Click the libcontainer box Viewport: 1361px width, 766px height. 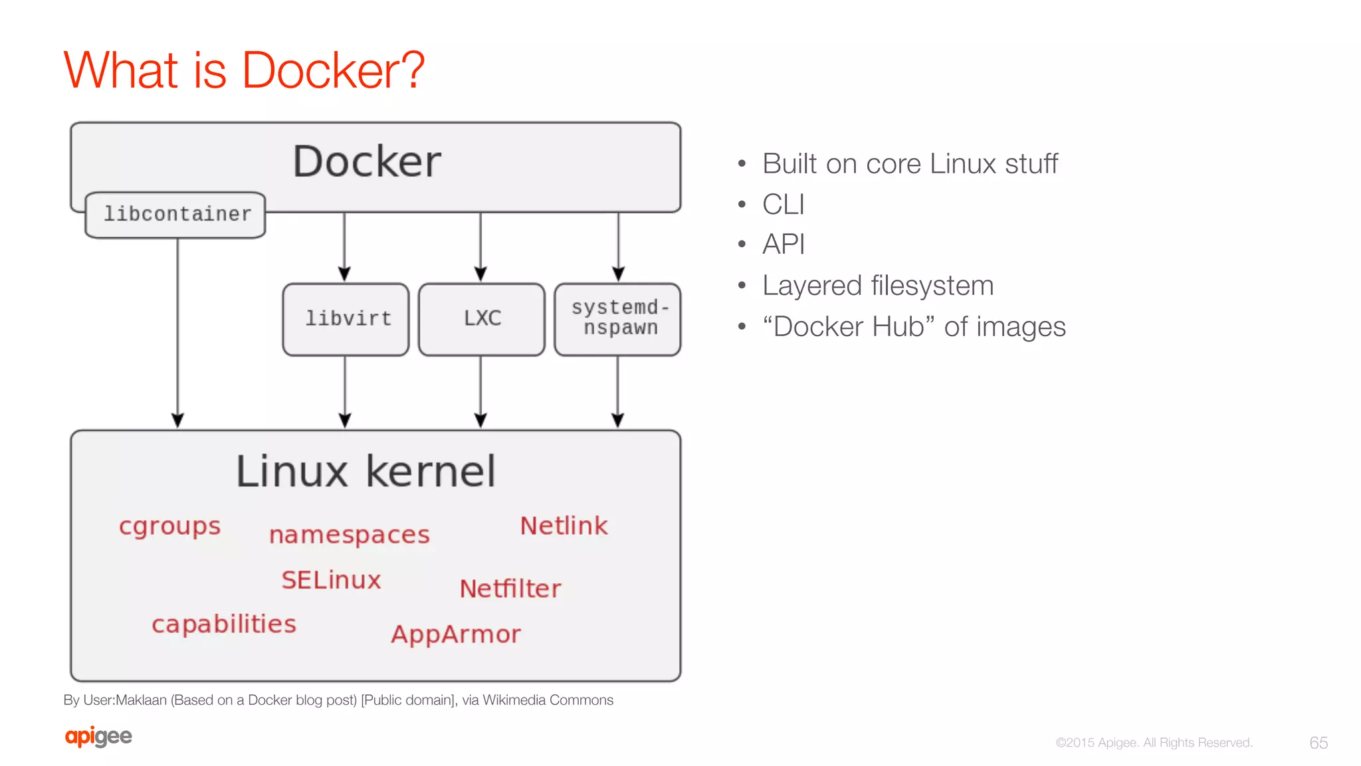(175, 215)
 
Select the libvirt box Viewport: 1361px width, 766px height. (346, 319)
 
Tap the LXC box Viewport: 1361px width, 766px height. (482, 319)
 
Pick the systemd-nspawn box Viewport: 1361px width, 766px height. (618, 319)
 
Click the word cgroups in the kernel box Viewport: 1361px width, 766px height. (169, 526)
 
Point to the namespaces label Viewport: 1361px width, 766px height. (350, 535)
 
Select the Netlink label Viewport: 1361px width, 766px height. (564, 526)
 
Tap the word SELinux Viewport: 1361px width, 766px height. (331, 580)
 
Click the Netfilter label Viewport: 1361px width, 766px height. (510, 589)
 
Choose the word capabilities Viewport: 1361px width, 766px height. (224, 624)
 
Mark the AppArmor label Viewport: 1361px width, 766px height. (456, 634)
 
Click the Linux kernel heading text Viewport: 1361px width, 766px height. (366, 472)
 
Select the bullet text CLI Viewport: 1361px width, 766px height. (784, 205)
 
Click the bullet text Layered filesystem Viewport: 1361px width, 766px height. (878, 286)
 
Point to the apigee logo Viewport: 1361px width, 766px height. (98, 736)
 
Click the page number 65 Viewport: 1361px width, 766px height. (1318, 743)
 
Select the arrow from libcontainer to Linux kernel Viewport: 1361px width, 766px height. (177, 332)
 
